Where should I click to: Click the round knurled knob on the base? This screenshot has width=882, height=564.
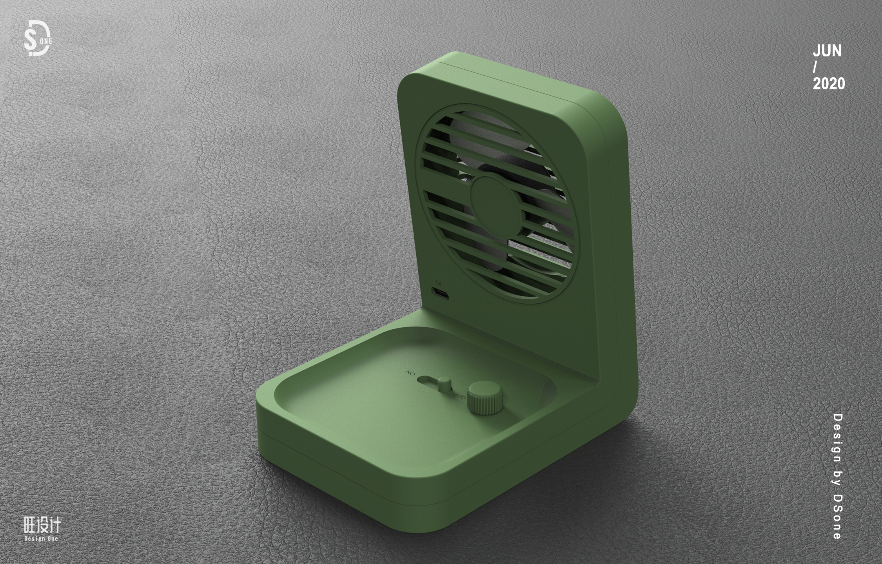point(485,397)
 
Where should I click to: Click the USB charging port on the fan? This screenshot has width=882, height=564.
point(440,293)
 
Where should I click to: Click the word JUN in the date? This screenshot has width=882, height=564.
point(827,51)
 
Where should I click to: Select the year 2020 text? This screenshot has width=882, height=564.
point(829,84)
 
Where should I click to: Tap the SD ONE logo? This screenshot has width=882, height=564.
point(38,38)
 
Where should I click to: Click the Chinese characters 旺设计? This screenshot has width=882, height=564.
point(42,525)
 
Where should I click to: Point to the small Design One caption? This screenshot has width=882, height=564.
point(41,539)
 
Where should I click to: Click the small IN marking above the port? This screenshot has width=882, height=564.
point(438,283)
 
